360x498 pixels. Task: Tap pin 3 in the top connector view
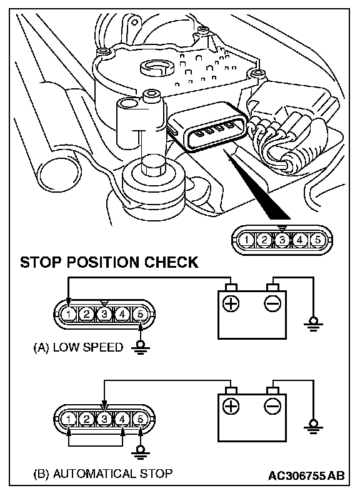coord(282,240)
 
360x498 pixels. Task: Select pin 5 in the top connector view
coord(317,240)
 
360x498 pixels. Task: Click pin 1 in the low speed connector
coord(68,315)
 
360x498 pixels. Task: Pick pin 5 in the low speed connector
coord(140,315)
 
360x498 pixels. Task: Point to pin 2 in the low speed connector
coord(86,315)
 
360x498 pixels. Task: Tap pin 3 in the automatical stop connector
coord(104,419)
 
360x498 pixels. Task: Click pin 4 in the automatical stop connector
coord(122,419)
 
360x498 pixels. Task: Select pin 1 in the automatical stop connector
coord(68,419)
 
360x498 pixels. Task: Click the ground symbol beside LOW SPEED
coord(140,348)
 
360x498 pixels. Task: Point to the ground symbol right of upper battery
coord(313,325)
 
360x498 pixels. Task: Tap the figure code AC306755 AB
coord(306,476)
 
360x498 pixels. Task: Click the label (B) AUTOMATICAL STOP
coord(103,474)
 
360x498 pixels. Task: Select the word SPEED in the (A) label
coord(102,347)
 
